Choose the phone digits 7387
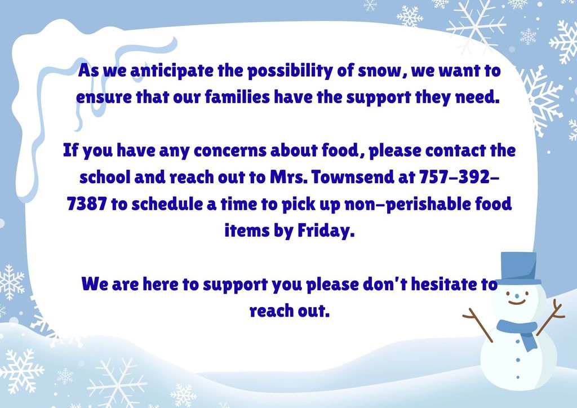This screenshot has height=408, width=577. [86, 204]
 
